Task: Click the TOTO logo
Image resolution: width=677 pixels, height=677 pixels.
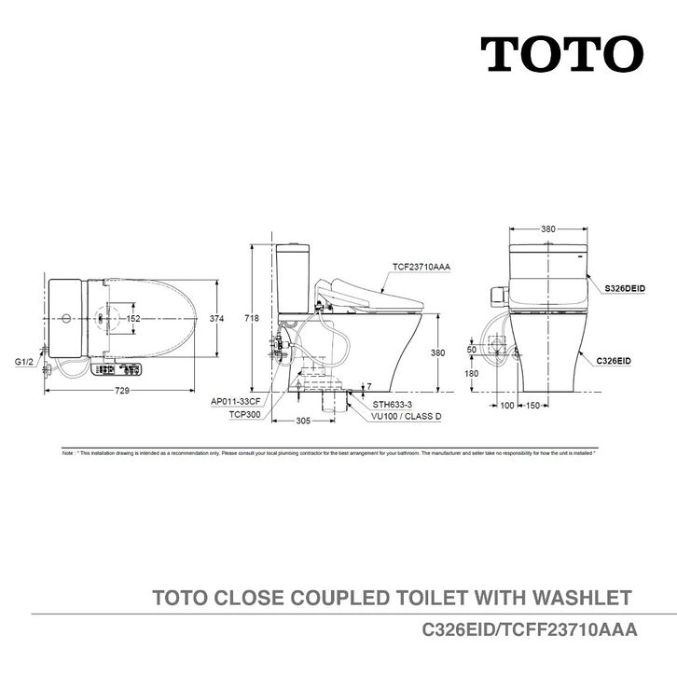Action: pyautogui.click(x=561, y=54)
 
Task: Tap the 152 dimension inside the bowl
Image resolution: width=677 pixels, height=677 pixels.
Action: pyautogui.click(x=133, y=318)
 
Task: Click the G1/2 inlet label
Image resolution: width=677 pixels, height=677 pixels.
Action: pyautogui.click(x=24, y=360)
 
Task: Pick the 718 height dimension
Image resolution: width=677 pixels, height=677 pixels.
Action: pyautogui.click(x=251, y=318)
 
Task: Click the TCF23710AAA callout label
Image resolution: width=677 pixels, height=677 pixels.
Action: pyautogui.click(x=422, y=267)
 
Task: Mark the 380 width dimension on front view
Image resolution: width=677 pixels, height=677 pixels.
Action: pyautogui.click(x=549, y=228)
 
